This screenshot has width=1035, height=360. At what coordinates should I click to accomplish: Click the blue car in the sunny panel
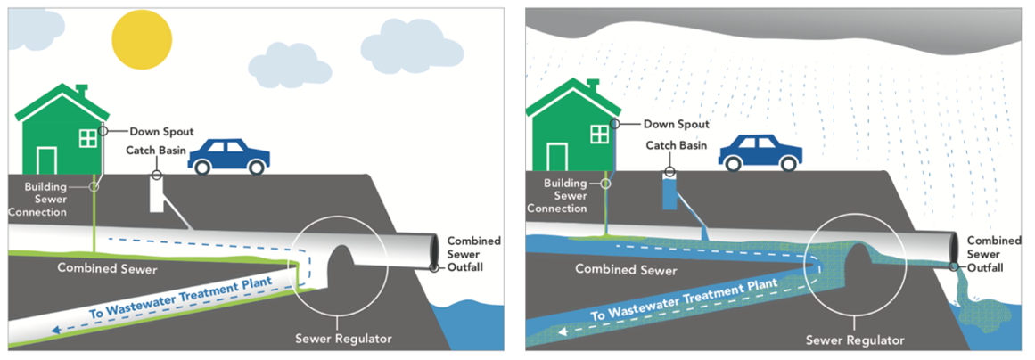(x=229, y=156)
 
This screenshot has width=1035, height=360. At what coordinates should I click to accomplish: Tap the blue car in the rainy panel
(x=760, y=153)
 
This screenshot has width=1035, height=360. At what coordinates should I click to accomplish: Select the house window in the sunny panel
(x=88, y=138)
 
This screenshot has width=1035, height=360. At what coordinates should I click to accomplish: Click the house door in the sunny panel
(x=46, y=160)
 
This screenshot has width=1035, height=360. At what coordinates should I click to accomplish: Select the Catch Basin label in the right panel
(x=678, y=145)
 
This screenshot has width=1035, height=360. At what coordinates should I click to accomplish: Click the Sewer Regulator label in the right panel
(x=855, y=340)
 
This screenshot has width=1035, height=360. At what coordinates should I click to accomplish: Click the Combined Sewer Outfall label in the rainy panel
(x=993, y=254)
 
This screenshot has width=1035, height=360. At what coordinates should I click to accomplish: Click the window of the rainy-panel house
(x=599, y=134)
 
